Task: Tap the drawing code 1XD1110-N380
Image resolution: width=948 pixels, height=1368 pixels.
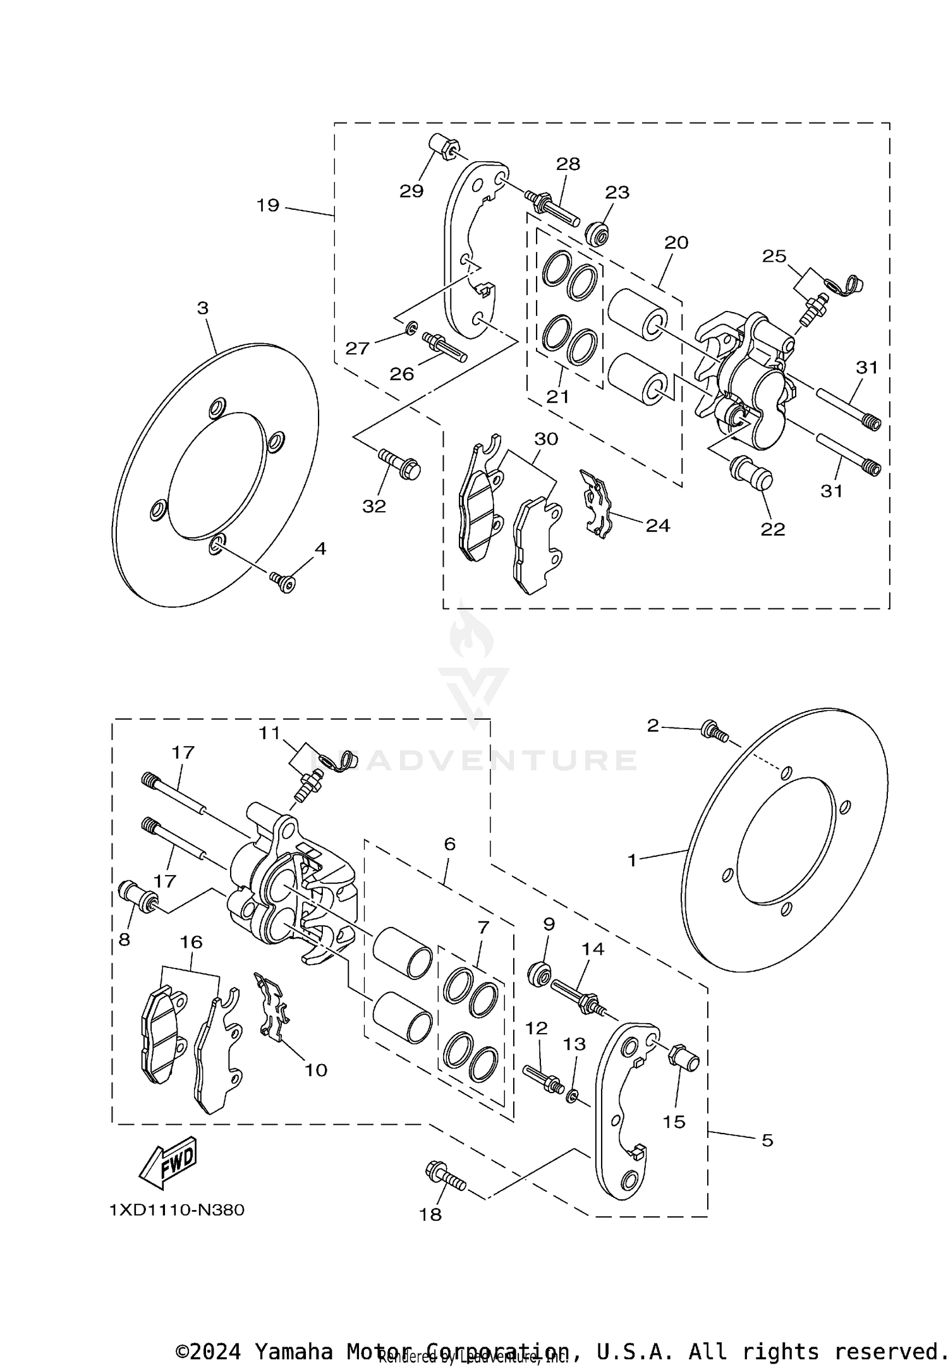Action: pyautogui.click(x=176, y=1210)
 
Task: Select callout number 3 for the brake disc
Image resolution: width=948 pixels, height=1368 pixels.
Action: pyautogui.click(x=202, y=308)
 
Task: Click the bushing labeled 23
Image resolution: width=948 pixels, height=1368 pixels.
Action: pyautogui.click(x=597, y=234)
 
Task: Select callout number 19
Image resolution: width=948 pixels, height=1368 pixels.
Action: pyautogui.click(x=268, y=205)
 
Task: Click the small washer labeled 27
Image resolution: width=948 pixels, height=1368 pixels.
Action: pyautogui.click(x=410, y=327)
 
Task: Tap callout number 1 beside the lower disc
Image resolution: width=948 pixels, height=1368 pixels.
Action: pyautogui.click(x=632, y=860)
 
